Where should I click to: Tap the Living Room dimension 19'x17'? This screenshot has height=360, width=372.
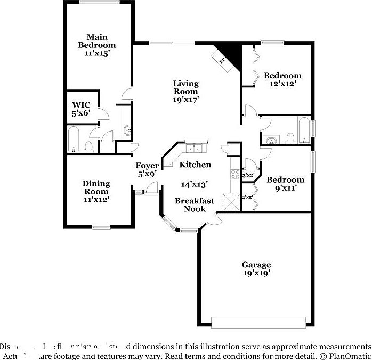pos(185,100)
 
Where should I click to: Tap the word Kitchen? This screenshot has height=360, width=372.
pos(195,165)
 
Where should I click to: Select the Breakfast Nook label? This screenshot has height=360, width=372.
pos(195,205)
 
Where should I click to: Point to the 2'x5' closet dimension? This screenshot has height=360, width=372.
pos(247,197)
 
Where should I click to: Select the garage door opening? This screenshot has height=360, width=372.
pos(259,322)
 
